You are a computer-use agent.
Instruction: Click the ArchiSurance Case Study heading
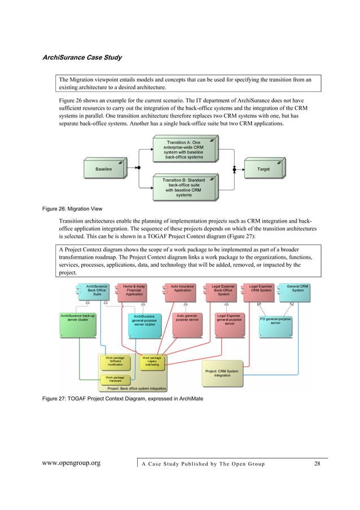82,58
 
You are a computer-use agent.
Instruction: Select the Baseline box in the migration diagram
103,169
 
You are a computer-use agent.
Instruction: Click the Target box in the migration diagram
263,169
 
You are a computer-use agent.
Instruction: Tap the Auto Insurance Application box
182,290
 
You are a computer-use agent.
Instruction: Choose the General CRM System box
297,290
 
